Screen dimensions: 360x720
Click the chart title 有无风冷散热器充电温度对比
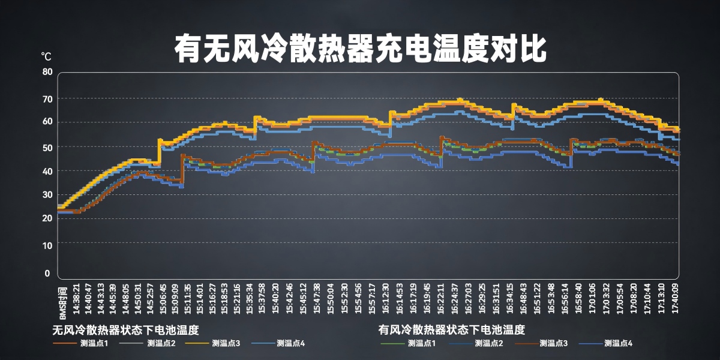coord(360,48)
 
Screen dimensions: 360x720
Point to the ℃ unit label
coord(46,56)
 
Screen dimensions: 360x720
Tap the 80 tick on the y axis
coord(47,71)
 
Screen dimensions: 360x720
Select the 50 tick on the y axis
coord(47,147)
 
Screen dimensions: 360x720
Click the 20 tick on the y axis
coord(47,218)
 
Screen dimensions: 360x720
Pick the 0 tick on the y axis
coord(47,274)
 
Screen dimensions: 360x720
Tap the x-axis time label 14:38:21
coord(76,298)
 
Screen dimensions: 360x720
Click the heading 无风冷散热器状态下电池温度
coord(125,330)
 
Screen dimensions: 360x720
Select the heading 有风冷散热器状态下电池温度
coord(452,330)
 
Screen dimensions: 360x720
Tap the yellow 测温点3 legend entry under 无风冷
coord(226,344)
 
